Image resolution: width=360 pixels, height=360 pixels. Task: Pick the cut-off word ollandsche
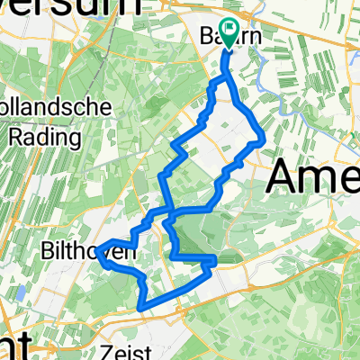tap(59, 107)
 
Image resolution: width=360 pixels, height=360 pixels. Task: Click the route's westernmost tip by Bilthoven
tap(96, 250)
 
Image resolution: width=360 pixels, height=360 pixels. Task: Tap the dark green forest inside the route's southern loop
tap(191, 238)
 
